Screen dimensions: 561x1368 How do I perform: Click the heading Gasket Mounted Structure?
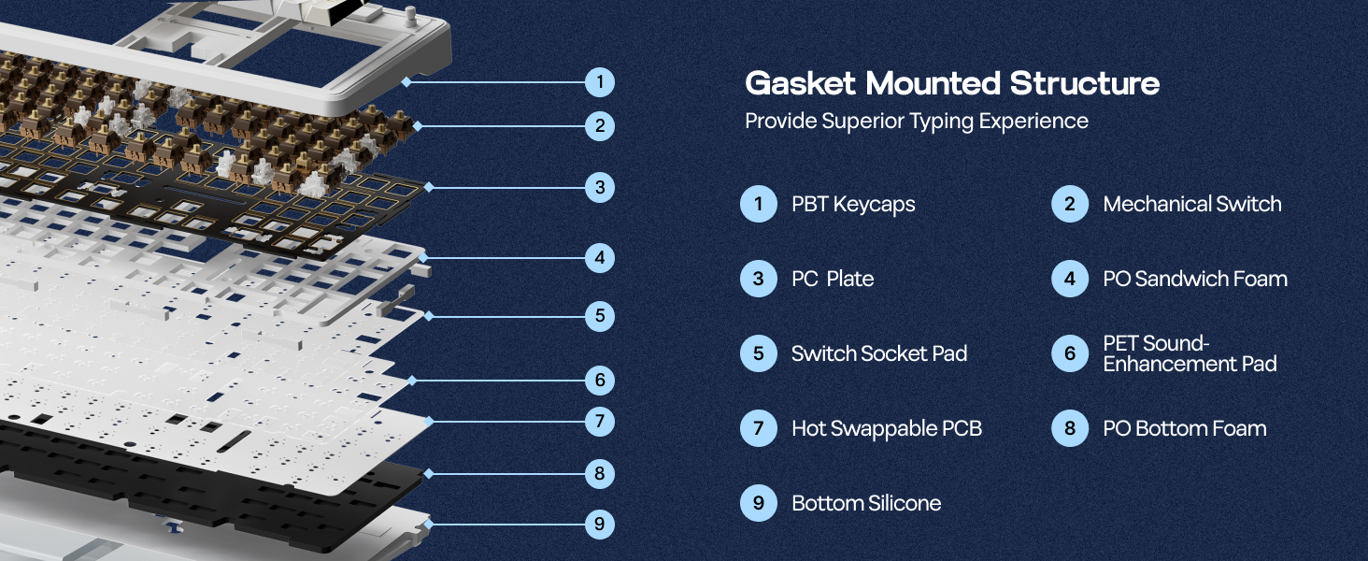[951, 83]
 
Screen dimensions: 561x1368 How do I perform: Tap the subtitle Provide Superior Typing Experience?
[916, 122]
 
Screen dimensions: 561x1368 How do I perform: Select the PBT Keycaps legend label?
[852, 204]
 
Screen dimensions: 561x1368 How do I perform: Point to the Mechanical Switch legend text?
[1191, 204]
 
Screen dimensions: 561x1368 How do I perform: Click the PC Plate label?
[832, 279]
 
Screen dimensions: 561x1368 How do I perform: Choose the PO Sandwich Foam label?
[1194, 279]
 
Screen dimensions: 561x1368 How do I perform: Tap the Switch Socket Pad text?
[878, 353]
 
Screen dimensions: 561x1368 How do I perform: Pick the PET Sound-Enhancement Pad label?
[1189, 353]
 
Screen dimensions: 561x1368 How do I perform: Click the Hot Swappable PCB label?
[886, 428]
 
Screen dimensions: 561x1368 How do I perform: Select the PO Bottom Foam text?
[1184, 428]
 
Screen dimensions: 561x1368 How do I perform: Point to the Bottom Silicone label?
[865, 503]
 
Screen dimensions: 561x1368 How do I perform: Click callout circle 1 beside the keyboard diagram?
[600, 82]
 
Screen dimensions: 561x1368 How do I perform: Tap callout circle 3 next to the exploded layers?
[600, 187]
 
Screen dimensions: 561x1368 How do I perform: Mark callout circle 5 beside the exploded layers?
[600, 316]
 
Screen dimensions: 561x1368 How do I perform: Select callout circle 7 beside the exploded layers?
[600, 422]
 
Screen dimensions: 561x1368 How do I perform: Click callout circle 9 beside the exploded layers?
[600, 524]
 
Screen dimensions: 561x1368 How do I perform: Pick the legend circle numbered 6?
[1069, 353]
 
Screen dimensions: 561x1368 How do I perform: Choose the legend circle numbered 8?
[1069, 428]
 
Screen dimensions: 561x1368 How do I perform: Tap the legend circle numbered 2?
[1069, 204]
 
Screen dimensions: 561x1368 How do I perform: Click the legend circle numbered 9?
[758, 503]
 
